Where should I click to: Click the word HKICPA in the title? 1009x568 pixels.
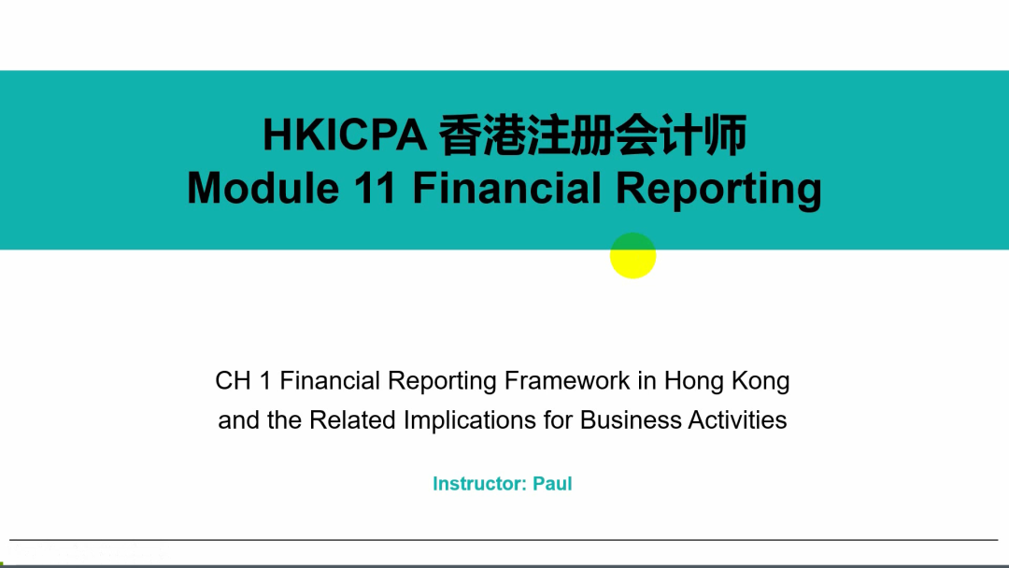click(344, 135)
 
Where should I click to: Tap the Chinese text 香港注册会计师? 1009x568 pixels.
click(592, 135)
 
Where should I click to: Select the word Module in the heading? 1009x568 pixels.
click(263, 188)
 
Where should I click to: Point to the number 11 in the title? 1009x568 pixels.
click(375, 188)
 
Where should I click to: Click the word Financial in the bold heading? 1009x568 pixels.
click(507, 188)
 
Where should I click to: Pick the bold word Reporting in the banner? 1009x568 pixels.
click(718, 190)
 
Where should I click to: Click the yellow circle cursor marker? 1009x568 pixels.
click(633, 255)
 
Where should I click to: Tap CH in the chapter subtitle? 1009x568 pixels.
click(233, 381)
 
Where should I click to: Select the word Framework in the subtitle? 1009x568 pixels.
click(567, 381)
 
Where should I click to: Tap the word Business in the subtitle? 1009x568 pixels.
click(630, 420)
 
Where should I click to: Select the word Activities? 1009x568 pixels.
click(737, 420)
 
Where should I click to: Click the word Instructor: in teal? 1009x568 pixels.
click(479, 484)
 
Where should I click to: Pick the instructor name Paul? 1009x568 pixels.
click(553, 484)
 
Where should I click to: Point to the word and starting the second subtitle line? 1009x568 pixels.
click(239, 420)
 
